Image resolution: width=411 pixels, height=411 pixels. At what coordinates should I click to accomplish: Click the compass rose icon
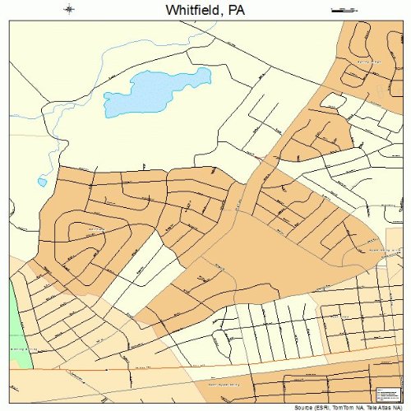69,10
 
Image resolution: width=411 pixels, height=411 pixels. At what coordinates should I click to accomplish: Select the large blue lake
156,90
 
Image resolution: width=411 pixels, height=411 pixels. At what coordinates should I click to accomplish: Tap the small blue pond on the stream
42,182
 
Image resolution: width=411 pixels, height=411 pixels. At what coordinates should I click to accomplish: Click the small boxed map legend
383,394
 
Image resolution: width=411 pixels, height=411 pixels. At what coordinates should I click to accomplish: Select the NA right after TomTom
357,407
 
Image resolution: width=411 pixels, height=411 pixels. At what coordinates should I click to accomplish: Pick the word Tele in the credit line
369,407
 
